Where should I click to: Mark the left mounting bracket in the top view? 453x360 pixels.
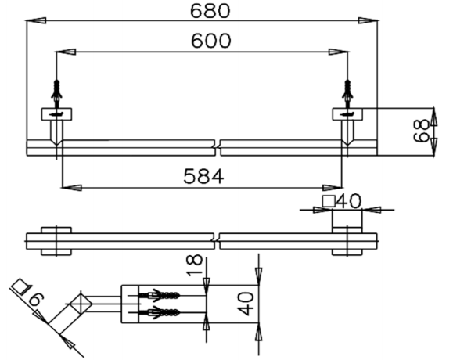tap(56, 113)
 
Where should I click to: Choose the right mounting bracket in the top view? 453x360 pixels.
tap(347, 113)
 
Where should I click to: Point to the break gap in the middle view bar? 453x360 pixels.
tap(217, 239)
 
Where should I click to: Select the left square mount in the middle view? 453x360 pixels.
tap(57, 240)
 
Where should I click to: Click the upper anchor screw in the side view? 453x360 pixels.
tap(160, 296)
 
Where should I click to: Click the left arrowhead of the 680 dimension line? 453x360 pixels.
tap(33, 23)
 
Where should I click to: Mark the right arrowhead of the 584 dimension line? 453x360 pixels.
tap(334, 187)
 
